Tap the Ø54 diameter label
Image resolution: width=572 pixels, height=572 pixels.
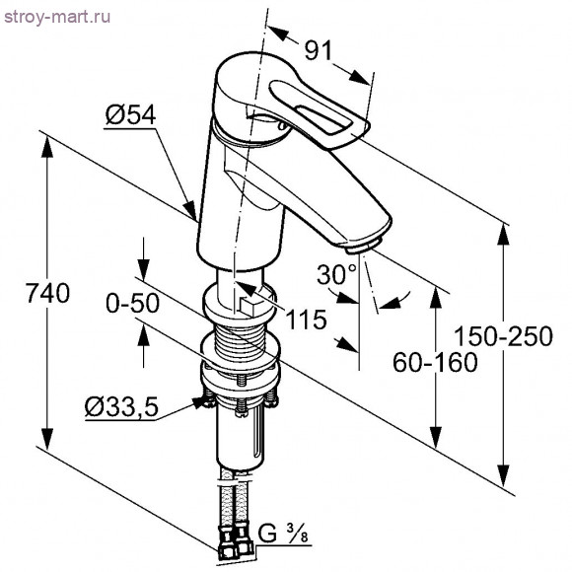[130, 115]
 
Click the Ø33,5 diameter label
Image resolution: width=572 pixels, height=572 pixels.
[121, 407]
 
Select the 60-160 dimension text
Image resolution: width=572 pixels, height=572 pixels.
[435, 363]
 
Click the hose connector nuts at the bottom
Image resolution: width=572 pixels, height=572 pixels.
[236, 543]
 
